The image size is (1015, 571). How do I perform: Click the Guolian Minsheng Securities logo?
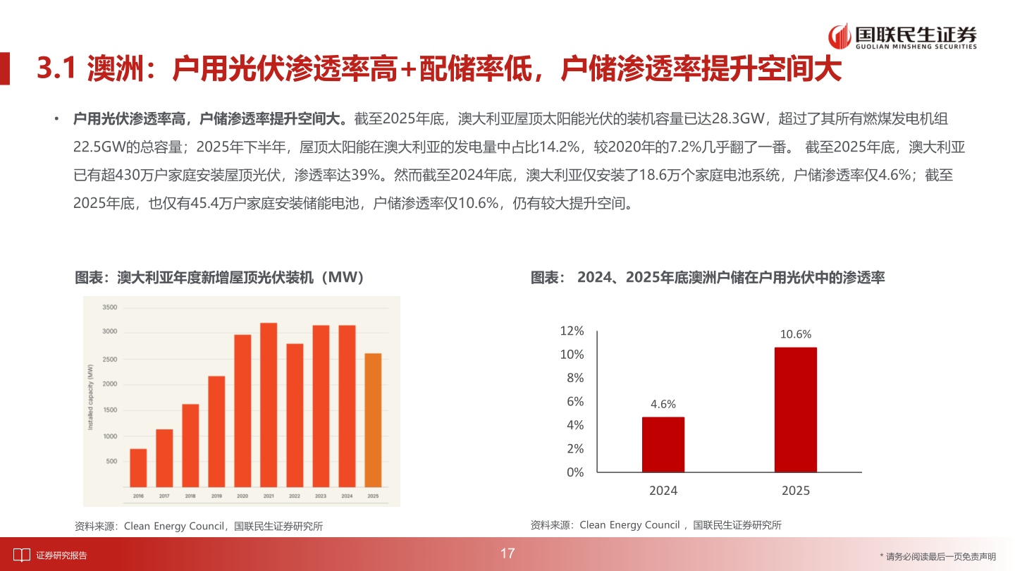[903, 37]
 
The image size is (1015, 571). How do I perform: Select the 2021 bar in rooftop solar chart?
[269, 405]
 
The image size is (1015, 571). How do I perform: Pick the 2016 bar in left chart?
[138, 467]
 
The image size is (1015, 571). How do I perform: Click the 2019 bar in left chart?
[216, 431]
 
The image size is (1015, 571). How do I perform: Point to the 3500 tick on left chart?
[110, 307]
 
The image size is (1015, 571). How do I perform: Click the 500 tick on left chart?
[111, 461]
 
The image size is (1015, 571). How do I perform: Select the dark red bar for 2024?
[663, 444]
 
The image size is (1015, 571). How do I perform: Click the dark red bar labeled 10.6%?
[795, 409]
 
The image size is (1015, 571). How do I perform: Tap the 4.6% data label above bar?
[663, 404]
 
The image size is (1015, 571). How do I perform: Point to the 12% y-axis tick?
[572, 331]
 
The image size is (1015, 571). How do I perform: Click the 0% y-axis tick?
[575, 472]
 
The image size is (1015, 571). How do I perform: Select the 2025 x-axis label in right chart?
[795, 491]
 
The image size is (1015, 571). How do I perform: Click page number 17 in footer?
[508, 553]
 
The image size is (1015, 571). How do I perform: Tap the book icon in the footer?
[22, 555]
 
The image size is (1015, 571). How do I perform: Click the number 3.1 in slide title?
[56, 69]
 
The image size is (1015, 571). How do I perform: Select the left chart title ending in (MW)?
[221, 278]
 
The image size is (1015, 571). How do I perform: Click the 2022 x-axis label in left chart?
[295, 496]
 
